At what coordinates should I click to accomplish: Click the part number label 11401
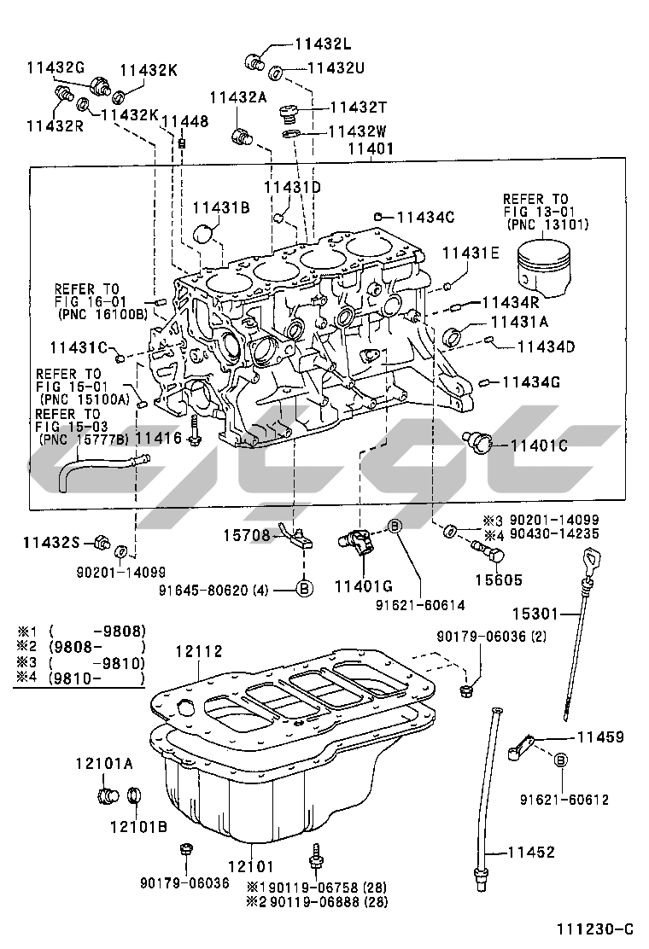(370, 148)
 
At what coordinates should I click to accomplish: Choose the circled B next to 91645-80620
(305, 587)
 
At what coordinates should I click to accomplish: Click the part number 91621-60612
(564, 800)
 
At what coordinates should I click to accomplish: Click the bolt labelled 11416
(196, 434)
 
